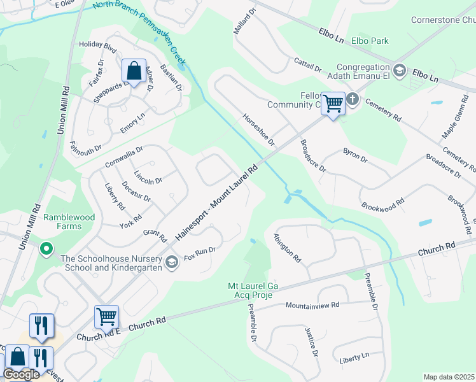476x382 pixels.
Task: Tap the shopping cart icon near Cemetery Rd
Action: coord(333,103)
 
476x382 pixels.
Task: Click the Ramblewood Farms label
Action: coord(69,222)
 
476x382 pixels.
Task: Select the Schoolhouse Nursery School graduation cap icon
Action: coord(171,262)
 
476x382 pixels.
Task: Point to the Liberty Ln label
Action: coord(354,357)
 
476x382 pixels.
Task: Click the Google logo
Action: coord(21,374)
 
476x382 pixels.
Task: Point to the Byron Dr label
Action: coord(355,156)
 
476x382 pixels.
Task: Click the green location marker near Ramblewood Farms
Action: coord(46,248)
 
